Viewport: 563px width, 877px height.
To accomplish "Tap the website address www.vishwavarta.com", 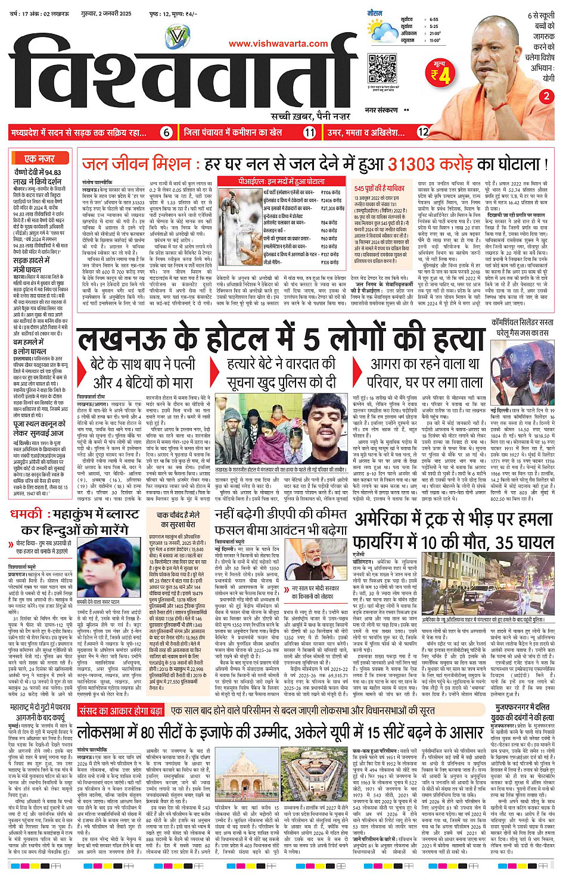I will click(278, 43).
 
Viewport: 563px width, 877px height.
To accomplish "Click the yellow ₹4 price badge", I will click(440, 74).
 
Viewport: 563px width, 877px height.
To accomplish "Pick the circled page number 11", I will click(309, 133).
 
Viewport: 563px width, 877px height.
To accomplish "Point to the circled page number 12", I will click(423, 132).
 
